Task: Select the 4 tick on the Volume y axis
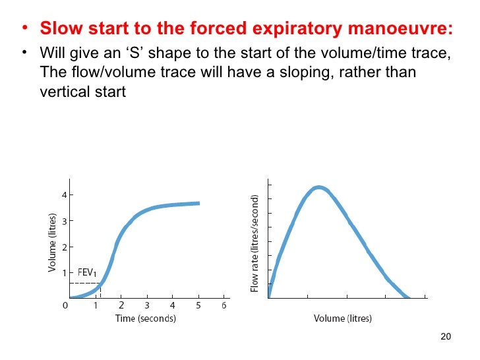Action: coord(63,195)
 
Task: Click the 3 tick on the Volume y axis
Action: coord(63,221)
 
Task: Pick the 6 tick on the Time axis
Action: coord(224,306)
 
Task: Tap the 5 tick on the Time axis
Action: coord(198,306)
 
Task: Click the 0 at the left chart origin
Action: coord(65,306)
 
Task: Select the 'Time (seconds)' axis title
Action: coord(146,318)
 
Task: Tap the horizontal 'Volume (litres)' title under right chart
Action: coord(342,318)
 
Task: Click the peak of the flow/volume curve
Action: coord(318,187)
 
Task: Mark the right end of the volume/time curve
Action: coord(198,203)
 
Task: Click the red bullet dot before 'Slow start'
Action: coord(24,30)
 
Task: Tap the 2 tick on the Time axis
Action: coord(121,306)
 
